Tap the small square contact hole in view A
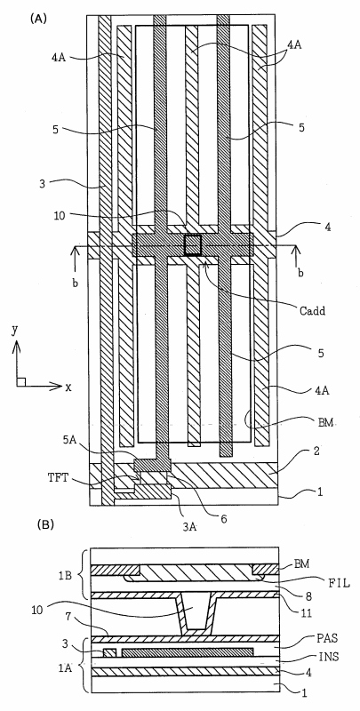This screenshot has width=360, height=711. click(193, 245)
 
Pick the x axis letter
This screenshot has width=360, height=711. click(68, 387)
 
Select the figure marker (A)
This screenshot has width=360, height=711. click(38, 19)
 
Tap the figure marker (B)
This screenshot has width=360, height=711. click(45, 525)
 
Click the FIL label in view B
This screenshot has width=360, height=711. click(340, 583)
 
